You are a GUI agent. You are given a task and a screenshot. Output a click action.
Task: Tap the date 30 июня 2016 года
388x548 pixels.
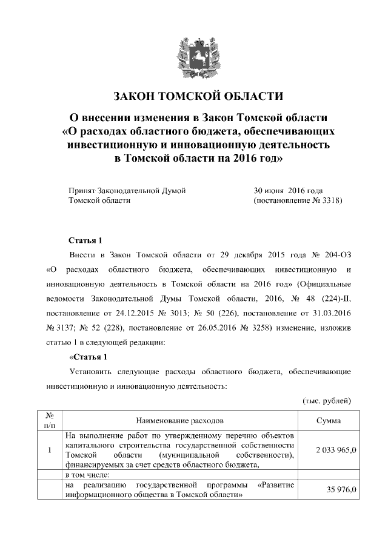pyautogui.click(x=288, y=190)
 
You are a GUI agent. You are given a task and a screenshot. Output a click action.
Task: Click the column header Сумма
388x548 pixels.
pyautogui.click(x=328, y=419)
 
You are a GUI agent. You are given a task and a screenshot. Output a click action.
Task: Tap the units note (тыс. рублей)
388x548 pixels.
pyautogui.click(x=326, y=401)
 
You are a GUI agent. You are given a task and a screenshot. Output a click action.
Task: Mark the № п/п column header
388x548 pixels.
pyautogui.click(x=50, y=419)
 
